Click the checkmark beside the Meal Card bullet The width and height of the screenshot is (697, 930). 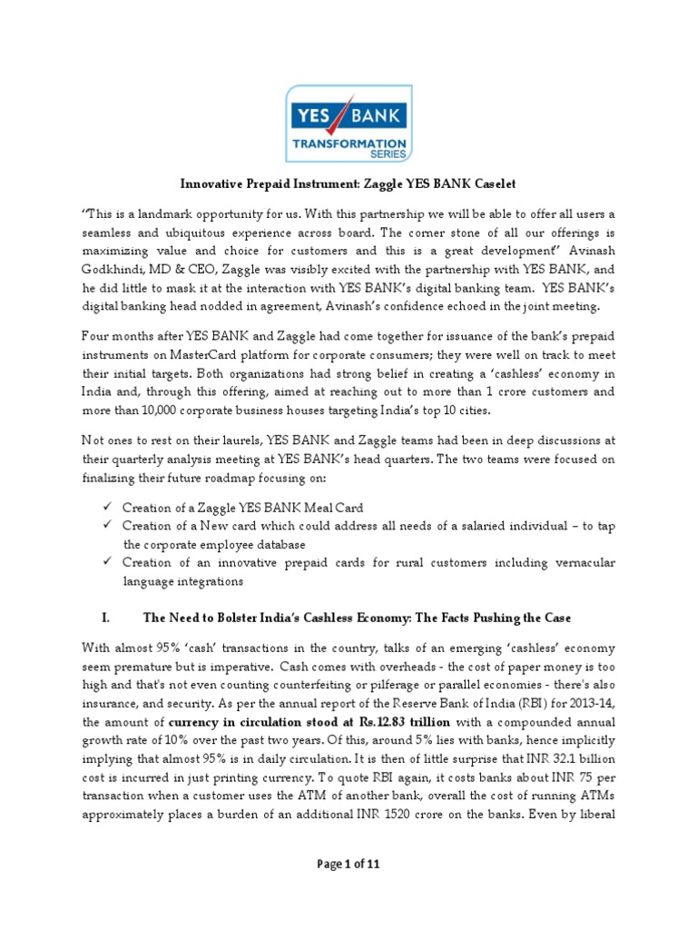click(x=107, y=506)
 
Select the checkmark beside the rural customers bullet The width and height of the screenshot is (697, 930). click(x=107, y=563)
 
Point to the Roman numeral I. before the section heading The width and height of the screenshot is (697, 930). click(x=105, y=618)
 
